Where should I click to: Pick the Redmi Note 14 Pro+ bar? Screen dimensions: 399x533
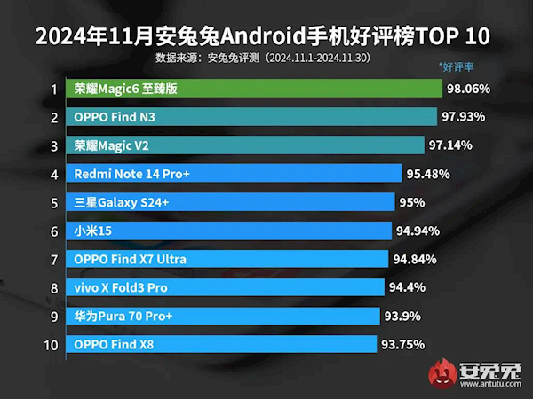coord(235,174)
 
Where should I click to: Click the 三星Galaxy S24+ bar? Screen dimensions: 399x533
coord(232,202)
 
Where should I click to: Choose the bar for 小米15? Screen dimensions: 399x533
coord(230,231)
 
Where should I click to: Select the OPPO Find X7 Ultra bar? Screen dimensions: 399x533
coord(228,259)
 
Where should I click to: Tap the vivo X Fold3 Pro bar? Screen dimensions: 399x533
coord(227,287)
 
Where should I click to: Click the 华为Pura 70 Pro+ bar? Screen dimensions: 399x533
coord(225,316)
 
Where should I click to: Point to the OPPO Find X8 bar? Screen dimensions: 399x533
coord(224,344)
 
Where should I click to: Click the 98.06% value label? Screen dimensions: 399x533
coord(470,89)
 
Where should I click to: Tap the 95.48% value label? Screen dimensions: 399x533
coord(430,174)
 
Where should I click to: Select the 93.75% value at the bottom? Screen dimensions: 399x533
coord(402,344)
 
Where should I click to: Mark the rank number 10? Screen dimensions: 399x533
coord(52,344)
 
